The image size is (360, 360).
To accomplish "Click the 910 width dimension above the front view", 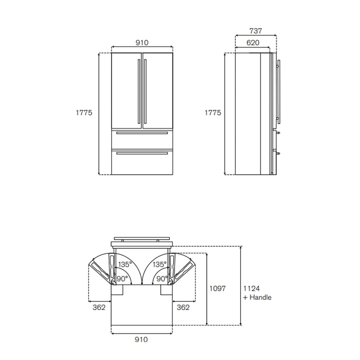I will tap(142, 42).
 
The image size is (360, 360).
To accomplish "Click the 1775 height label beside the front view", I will tap(84, 113).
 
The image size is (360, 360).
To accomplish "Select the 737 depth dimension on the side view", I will tap(255, 31).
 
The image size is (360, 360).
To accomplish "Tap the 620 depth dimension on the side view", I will tap(253, 42).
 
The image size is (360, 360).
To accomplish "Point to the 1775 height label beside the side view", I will tap(213, 113).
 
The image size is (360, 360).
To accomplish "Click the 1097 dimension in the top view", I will tap(217, 288).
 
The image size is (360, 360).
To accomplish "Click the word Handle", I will tap(260, 297).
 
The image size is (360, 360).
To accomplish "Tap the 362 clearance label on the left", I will tap(99, 307).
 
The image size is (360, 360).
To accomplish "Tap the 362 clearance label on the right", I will tap(183, 307).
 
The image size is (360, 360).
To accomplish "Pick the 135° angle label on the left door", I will tap(125, 265).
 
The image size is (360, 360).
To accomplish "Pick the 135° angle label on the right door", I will tap(159, 265).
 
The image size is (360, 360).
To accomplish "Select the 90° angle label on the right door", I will tap(162, 279).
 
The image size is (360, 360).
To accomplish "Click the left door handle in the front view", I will tap(139, 92).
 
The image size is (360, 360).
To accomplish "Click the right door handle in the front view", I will tap(145, 92).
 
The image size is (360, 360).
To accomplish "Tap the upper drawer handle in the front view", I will tap(142, 133).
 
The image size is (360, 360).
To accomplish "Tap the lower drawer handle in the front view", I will tap(142, 153).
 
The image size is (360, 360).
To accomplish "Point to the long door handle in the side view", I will tap(279, 92).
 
